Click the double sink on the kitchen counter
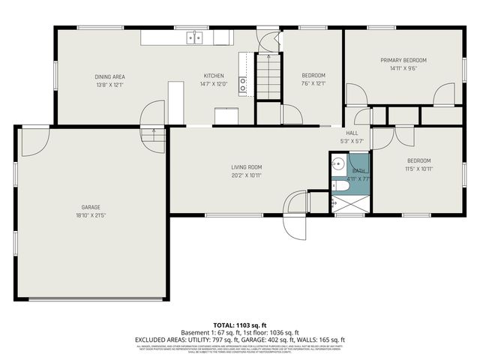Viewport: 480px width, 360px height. pyautogui.click(x=195, y=37)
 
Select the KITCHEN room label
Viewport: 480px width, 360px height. pyautogui.click(x=214, y=76)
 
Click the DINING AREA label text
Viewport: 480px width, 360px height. pyautogui.click(x=109, y=76)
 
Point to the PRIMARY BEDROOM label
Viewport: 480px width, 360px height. pyautogui.click(x=403, y=60)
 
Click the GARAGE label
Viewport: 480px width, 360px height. pyautogui.click(x=91, y=207)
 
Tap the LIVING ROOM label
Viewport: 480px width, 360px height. pyautogui.click(x=246, y=167)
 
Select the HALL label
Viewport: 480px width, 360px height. pyautogui.click(x=352, y=133)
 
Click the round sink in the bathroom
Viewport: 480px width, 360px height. pyautogui.click(x=338, y=163)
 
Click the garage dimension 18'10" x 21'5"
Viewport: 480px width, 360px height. pyautogui.click(x=91, y=215)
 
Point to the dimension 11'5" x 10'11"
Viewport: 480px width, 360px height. pyautogui.click(x=418, y=169)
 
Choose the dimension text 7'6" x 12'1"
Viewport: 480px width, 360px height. pyautogui.click(x=313, y=84)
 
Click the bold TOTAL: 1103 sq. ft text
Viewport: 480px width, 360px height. pyautogui.click(x=239, y=325)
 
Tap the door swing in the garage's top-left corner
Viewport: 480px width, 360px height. pyautogui.click(x=34, y=141)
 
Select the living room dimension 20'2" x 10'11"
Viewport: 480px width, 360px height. pyautogui.click(x=246, y=175)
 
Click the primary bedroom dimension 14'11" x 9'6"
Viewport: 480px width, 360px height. pyautogui.click(x=403, y=68)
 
